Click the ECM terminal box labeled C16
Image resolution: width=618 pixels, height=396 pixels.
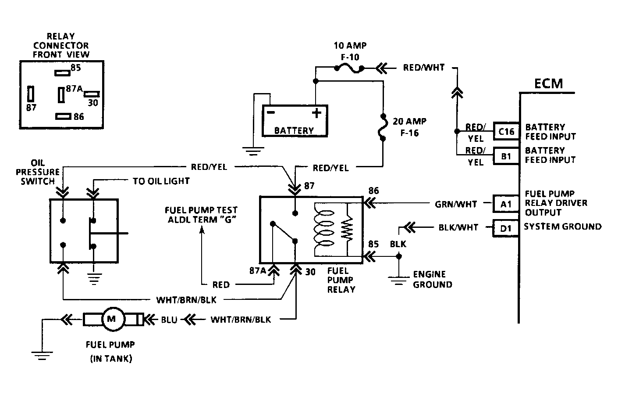coord(506,131)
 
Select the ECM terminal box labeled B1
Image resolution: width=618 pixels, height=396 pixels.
coord(506,156)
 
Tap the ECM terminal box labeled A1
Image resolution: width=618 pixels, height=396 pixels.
coord(506,204)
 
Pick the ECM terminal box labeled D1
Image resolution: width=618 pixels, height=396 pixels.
coord(506,228)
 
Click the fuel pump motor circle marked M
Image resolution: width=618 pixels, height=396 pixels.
coord(114,319)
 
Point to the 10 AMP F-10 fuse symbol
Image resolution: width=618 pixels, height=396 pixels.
coord(349,68)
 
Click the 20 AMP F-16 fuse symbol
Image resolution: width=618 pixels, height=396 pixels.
coord(383,128)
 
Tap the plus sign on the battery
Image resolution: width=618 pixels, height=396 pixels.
coord(316,113)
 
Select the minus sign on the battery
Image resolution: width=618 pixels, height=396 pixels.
coord(271,112)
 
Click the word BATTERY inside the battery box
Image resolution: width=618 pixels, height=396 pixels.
coord(294,130)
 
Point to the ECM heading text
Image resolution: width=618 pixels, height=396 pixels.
coord(548,83)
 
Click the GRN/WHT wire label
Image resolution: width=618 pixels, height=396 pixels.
coord(456,204)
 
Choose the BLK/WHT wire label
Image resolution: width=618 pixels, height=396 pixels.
coord(458,227)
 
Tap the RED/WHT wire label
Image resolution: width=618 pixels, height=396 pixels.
coord(424,68)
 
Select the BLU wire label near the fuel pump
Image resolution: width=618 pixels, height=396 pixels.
coord(169,320)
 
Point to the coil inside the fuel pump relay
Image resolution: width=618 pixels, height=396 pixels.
coord(323,229)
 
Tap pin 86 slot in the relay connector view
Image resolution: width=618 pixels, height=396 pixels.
coord(63,116)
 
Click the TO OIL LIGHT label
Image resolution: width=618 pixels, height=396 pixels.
coord(161,181)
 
